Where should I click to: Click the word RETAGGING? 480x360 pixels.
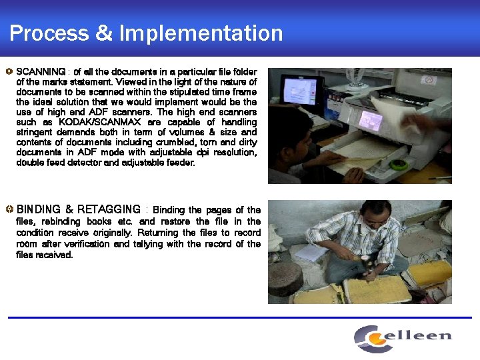pos(109,210)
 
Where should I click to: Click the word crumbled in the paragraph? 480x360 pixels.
pos(175,142)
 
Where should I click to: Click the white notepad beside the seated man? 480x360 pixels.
pos(311,253)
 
